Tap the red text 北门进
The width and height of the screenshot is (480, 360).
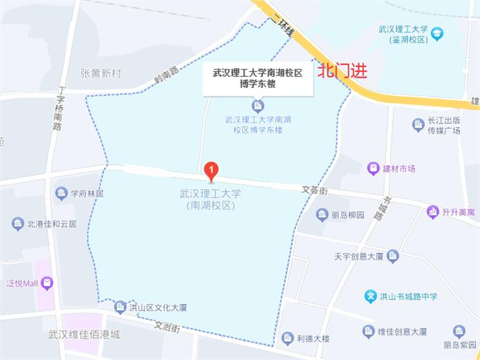coord(342,72)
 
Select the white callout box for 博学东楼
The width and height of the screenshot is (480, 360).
coord(257,79)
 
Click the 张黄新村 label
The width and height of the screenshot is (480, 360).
coord(100,73)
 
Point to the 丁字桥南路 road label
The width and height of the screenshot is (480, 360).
coord(58,111)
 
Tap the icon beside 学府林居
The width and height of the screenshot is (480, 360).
coord(62,194)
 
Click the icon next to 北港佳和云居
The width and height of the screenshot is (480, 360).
coord(18,224)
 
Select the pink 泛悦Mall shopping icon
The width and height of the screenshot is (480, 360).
coord(47,283)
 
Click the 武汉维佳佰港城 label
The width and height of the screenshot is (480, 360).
coord(84,335)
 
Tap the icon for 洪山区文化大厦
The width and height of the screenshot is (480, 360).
coord(120,307)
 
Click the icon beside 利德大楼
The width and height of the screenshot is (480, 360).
coord(287,338)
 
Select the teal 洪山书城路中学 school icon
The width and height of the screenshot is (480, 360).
coord(371,296)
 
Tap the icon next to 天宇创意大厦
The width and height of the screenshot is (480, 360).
coord(393,256)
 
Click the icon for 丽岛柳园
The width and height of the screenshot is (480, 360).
coord(322,215)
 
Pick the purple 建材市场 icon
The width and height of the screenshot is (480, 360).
coord(373,169)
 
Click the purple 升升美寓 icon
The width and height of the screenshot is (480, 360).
coord(432,212)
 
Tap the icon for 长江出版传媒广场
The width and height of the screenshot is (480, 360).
coord(418,125)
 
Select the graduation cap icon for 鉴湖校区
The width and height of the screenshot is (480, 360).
coord(437,34)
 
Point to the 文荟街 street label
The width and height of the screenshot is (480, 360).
coord(315,190)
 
